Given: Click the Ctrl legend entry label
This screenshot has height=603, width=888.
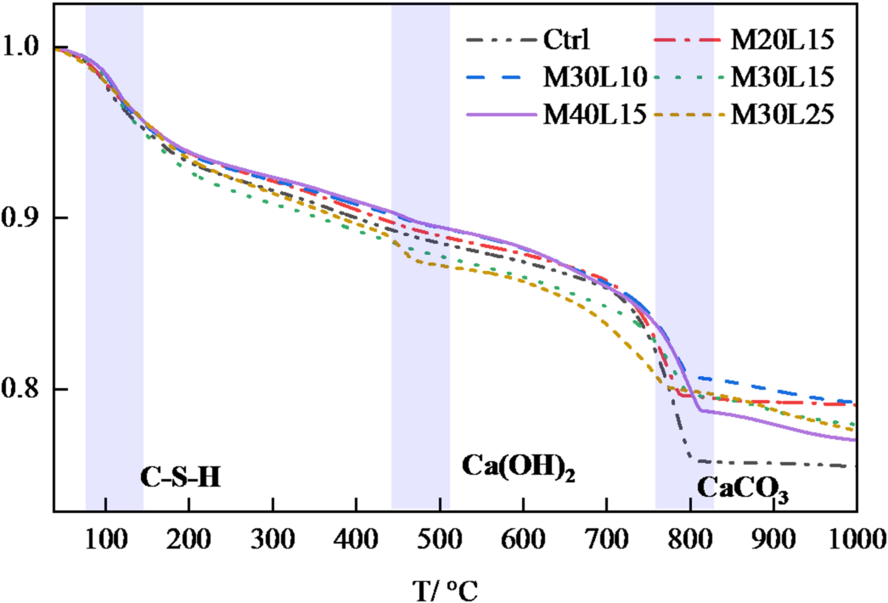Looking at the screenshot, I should [x=566, y=39].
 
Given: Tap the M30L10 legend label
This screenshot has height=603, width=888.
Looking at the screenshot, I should [x=597, y=76].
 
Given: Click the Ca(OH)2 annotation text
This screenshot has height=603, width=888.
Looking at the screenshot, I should [x=518, y=467].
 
